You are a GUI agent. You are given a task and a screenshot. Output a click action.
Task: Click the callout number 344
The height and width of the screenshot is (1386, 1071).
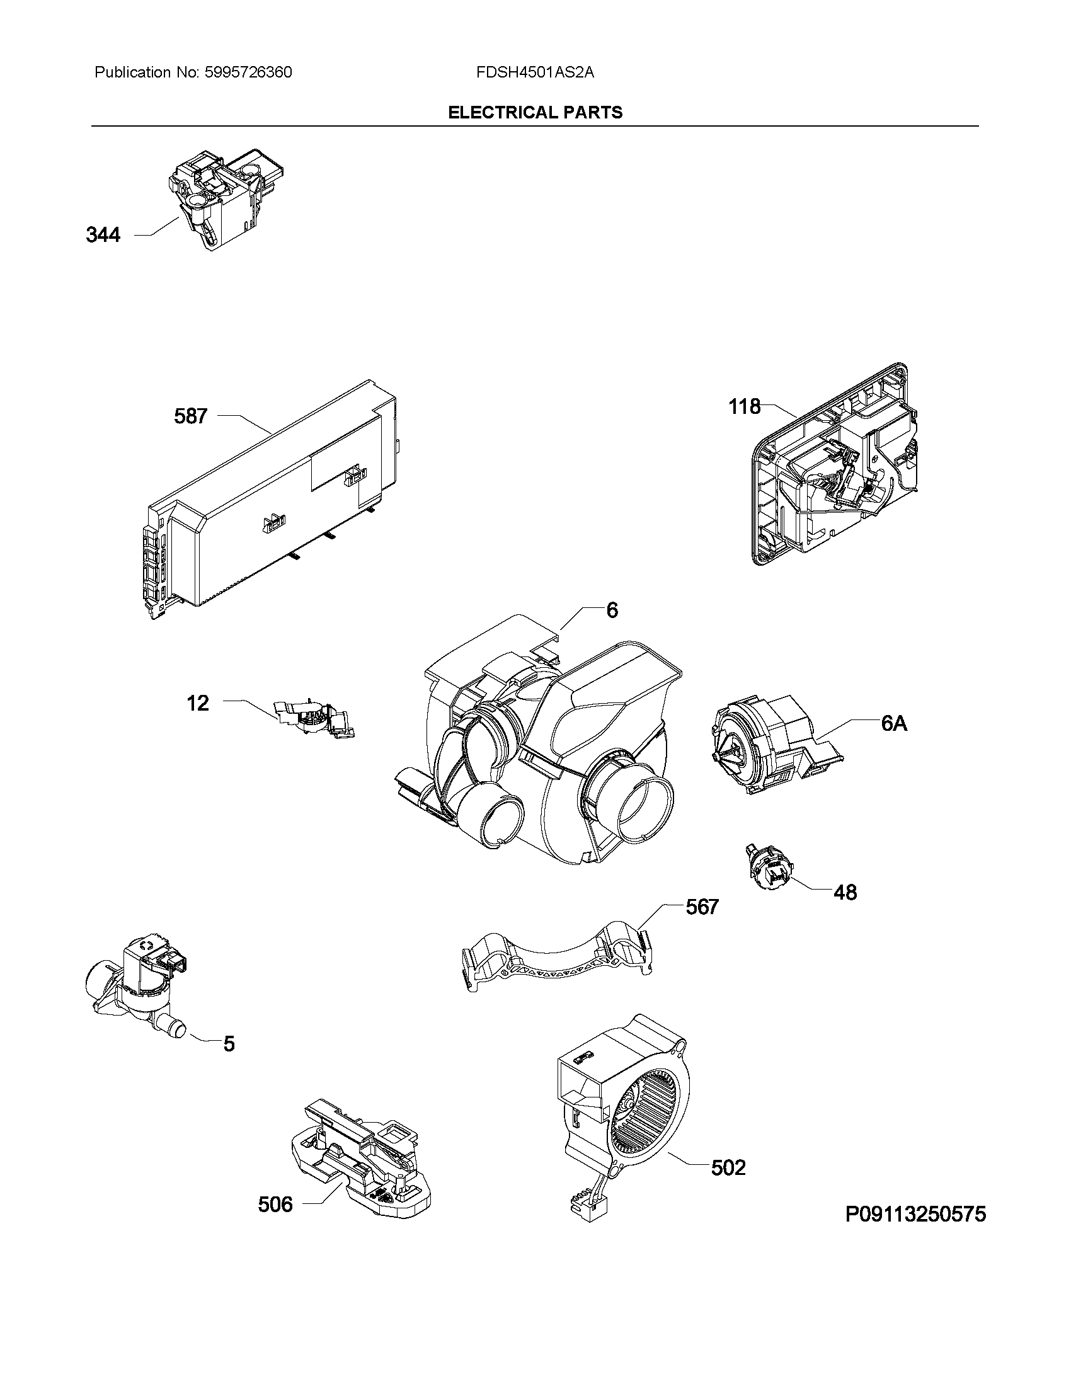click(103, 236)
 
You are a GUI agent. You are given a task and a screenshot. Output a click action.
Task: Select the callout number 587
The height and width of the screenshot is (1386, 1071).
click(190, 416)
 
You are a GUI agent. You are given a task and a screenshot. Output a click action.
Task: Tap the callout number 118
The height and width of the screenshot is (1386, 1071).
click(744, 406)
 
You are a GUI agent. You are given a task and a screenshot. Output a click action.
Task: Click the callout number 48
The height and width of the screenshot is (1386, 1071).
click(844, 892)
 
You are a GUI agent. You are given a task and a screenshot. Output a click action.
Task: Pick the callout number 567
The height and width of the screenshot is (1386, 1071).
click(702, 907)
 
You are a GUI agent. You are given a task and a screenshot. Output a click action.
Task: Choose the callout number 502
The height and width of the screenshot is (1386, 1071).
click(728, 1167)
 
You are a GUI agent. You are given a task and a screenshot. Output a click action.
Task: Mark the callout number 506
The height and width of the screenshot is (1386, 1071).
click(275, 1204)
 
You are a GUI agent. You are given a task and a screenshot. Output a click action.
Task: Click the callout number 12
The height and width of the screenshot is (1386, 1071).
click(198, 703)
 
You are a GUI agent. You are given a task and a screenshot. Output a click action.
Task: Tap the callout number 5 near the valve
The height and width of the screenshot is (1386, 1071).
click(229, 1044)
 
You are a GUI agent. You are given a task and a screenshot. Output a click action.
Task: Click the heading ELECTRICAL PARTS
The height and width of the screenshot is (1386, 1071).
click(535, 112)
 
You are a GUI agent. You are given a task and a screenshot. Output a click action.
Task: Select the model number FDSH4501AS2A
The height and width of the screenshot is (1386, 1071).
click(535, 72)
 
